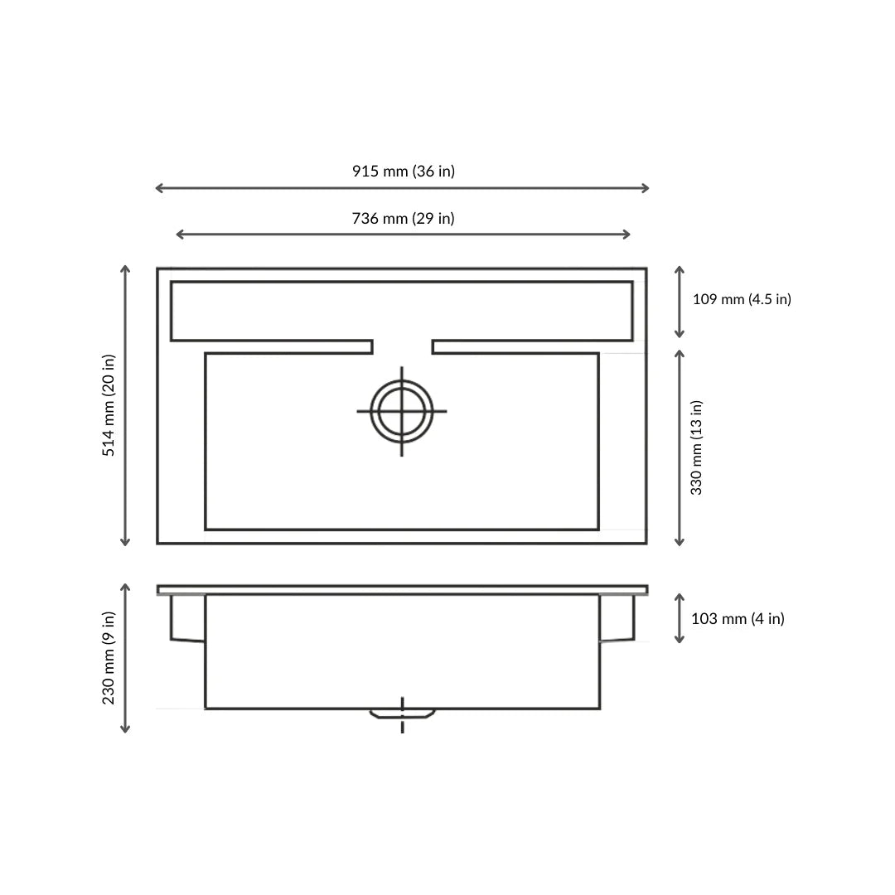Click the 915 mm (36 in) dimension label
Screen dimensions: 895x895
pos(403,172)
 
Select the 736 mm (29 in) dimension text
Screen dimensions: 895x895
pos(403,219)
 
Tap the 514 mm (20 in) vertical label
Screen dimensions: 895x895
pos(109,405)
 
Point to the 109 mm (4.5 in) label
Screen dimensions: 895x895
pos(742,299)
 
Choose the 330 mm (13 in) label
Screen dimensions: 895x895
pos(697,447)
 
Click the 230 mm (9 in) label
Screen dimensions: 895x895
pos(109,658)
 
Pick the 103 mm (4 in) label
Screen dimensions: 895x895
pos(738,619)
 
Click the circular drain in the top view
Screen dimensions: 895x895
pos(402,411)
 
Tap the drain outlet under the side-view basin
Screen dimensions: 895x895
pos(402,714)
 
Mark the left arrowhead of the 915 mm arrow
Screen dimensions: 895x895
pos(158,188)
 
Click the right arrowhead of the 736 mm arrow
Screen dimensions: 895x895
pos(628,235)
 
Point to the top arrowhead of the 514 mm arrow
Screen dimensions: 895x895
pos(125,268)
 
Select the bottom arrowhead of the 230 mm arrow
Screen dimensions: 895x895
pos(125,730)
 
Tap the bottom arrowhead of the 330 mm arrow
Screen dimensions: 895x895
pos(680,543)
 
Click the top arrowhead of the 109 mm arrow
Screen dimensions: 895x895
pos(680,269)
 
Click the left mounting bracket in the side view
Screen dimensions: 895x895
pos(187,617)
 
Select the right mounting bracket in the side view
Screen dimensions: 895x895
pos(617,617)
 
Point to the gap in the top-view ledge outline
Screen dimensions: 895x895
pos(402,346)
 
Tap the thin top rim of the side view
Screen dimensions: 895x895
pos(402,589)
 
